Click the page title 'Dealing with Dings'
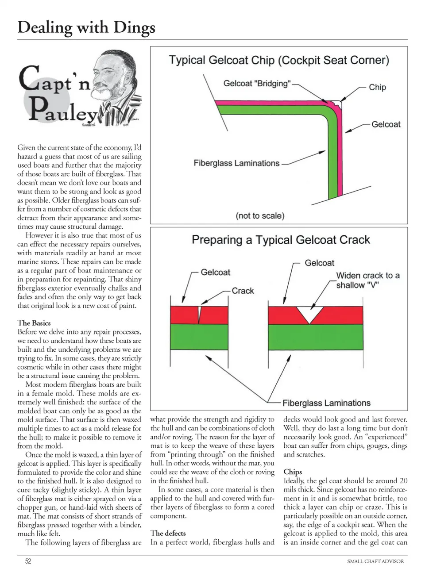[86, 27]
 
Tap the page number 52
[28, 561]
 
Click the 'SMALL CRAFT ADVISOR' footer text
[375, 561]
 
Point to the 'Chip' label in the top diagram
[377, 87]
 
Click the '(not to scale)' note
[260, 216]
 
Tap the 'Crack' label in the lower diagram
[243, 291]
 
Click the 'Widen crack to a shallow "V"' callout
[367, 280]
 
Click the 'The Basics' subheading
[34, 323]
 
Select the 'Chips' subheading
[293, 472]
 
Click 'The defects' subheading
[168, 533]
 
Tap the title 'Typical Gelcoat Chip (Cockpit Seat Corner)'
[279, 60]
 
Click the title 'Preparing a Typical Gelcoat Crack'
[281, 240]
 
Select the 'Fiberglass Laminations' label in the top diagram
[236, 163]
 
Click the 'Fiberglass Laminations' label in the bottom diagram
[326, 403]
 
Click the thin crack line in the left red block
[199, 315]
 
